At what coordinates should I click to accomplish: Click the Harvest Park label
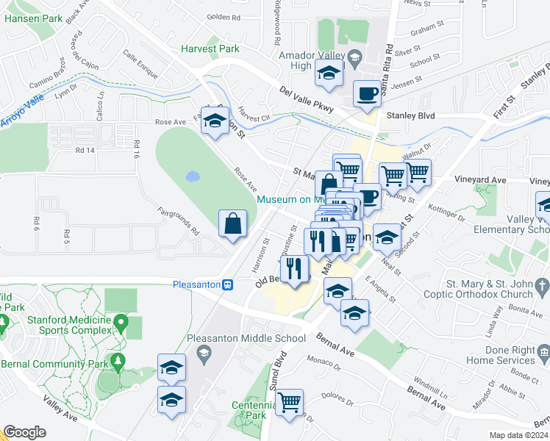coord(210,49)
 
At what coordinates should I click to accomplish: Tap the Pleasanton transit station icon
coord(229,285)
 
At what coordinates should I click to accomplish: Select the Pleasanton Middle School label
coord(246,339)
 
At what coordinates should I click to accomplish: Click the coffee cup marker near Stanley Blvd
coord(367,94)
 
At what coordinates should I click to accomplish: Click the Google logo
coord(24,432)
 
